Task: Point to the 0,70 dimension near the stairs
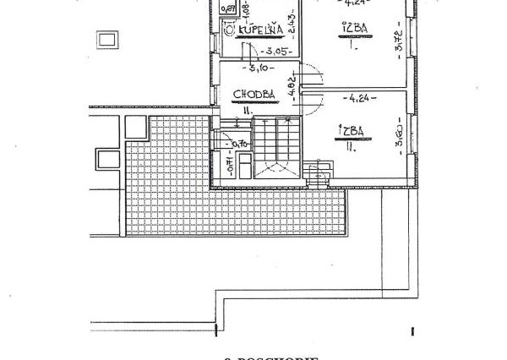point(240,144)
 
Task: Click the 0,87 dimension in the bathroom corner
point(226,9)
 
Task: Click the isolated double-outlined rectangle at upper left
point(107,39)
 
